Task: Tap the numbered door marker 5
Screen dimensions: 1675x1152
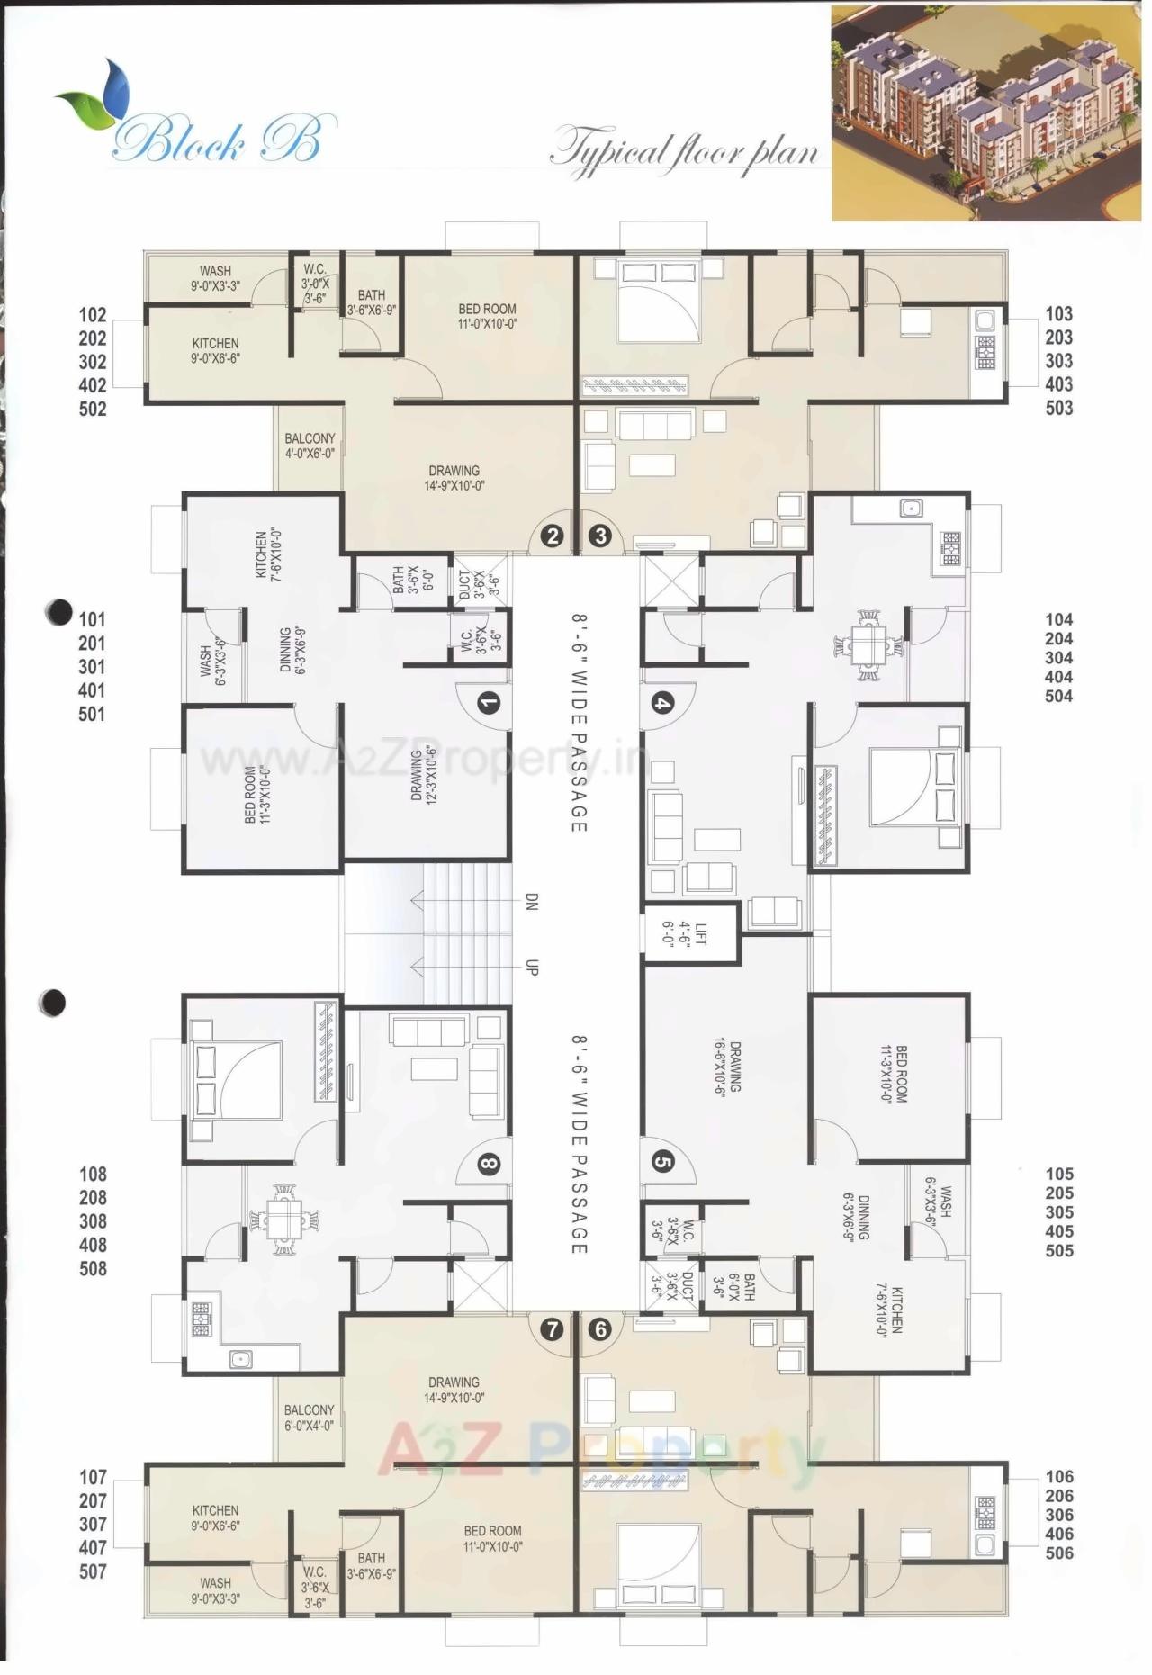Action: pos(662,1162)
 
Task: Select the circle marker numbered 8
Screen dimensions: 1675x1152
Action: pos(488,1165)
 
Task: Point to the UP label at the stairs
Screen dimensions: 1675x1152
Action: pos(531,968)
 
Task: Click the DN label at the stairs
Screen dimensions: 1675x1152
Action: pos(531,902)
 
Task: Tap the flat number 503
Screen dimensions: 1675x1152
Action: pos(1058,408)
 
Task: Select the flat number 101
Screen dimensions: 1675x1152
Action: pos(92,620)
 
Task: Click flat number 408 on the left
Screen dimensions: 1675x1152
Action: pos(93,1245)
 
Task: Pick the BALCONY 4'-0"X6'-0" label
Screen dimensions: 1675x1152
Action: pos(309,446)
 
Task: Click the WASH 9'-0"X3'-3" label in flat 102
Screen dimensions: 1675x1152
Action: pos(215,278)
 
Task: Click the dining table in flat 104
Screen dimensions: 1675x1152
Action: pos(868,645)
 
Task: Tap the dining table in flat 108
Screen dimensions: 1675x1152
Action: pos(284,1220)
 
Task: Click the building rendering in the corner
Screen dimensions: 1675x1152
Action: pos(985,113)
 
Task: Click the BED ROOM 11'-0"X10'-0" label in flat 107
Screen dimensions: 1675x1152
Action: pos(492,1538)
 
